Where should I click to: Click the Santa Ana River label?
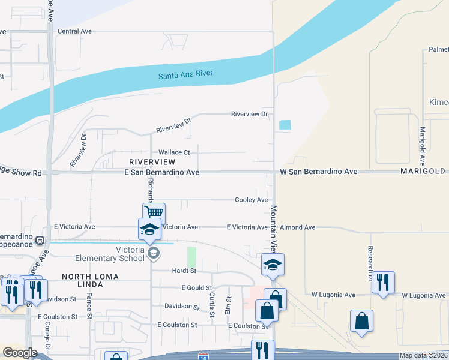(186, 75)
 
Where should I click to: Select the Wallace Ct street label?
(174, 152)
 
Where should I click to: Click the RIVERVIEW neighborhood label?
(152, 162)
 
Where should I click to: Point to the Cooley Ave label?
(251, 200)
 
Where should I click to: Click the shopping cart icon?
(154, 212)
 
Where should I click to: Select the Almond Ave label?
(300, 227)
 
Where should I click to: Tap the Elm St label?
(229, 306)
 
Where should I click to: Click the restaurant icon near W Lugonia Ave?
(382, 281)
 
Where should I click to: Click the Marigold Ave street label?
(423, 147)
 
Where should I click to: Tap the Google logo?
(20, 353)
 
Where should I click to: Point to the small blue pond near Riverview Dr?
(285, 125)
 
